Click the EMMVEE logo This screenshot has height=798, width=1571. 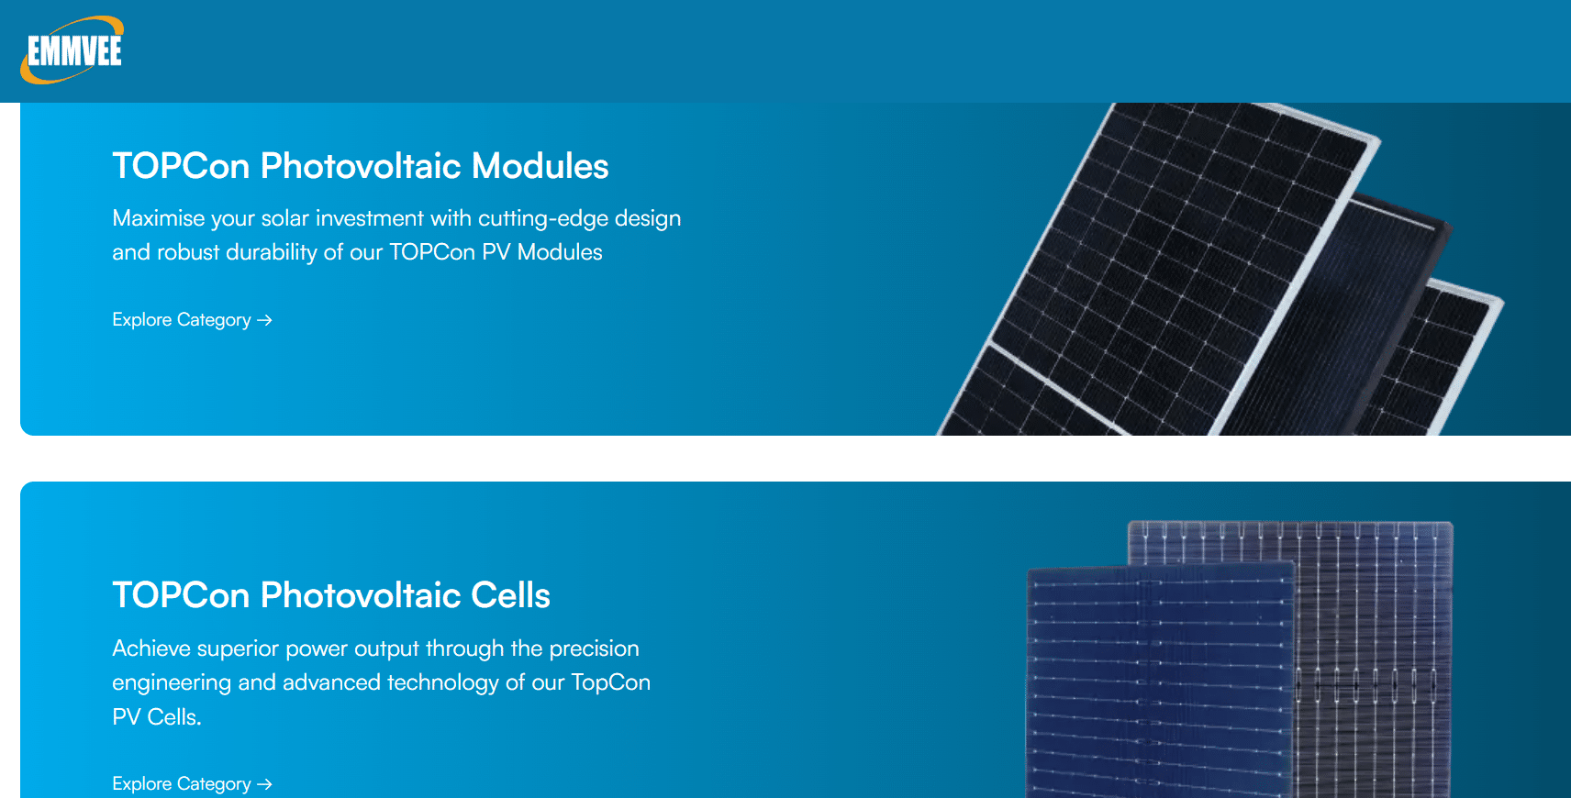tap(72, 50)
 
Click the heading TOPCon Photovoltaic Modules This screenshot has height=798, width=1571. tap(360, 166)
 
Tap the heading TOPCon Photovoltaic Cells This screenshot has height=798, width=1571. tap(330, 595)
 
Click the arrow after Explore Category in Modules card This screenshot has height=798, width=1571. tap(265, 320)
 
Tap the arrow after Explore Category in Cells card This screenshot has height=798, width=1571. tap(265, 784)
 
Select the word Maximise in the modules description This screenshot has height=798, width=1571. tap(158, 218)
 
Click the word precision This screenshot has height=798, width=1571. tap(594, 648)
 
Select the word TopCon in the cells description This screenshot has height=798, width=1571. tap(610, 682)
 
